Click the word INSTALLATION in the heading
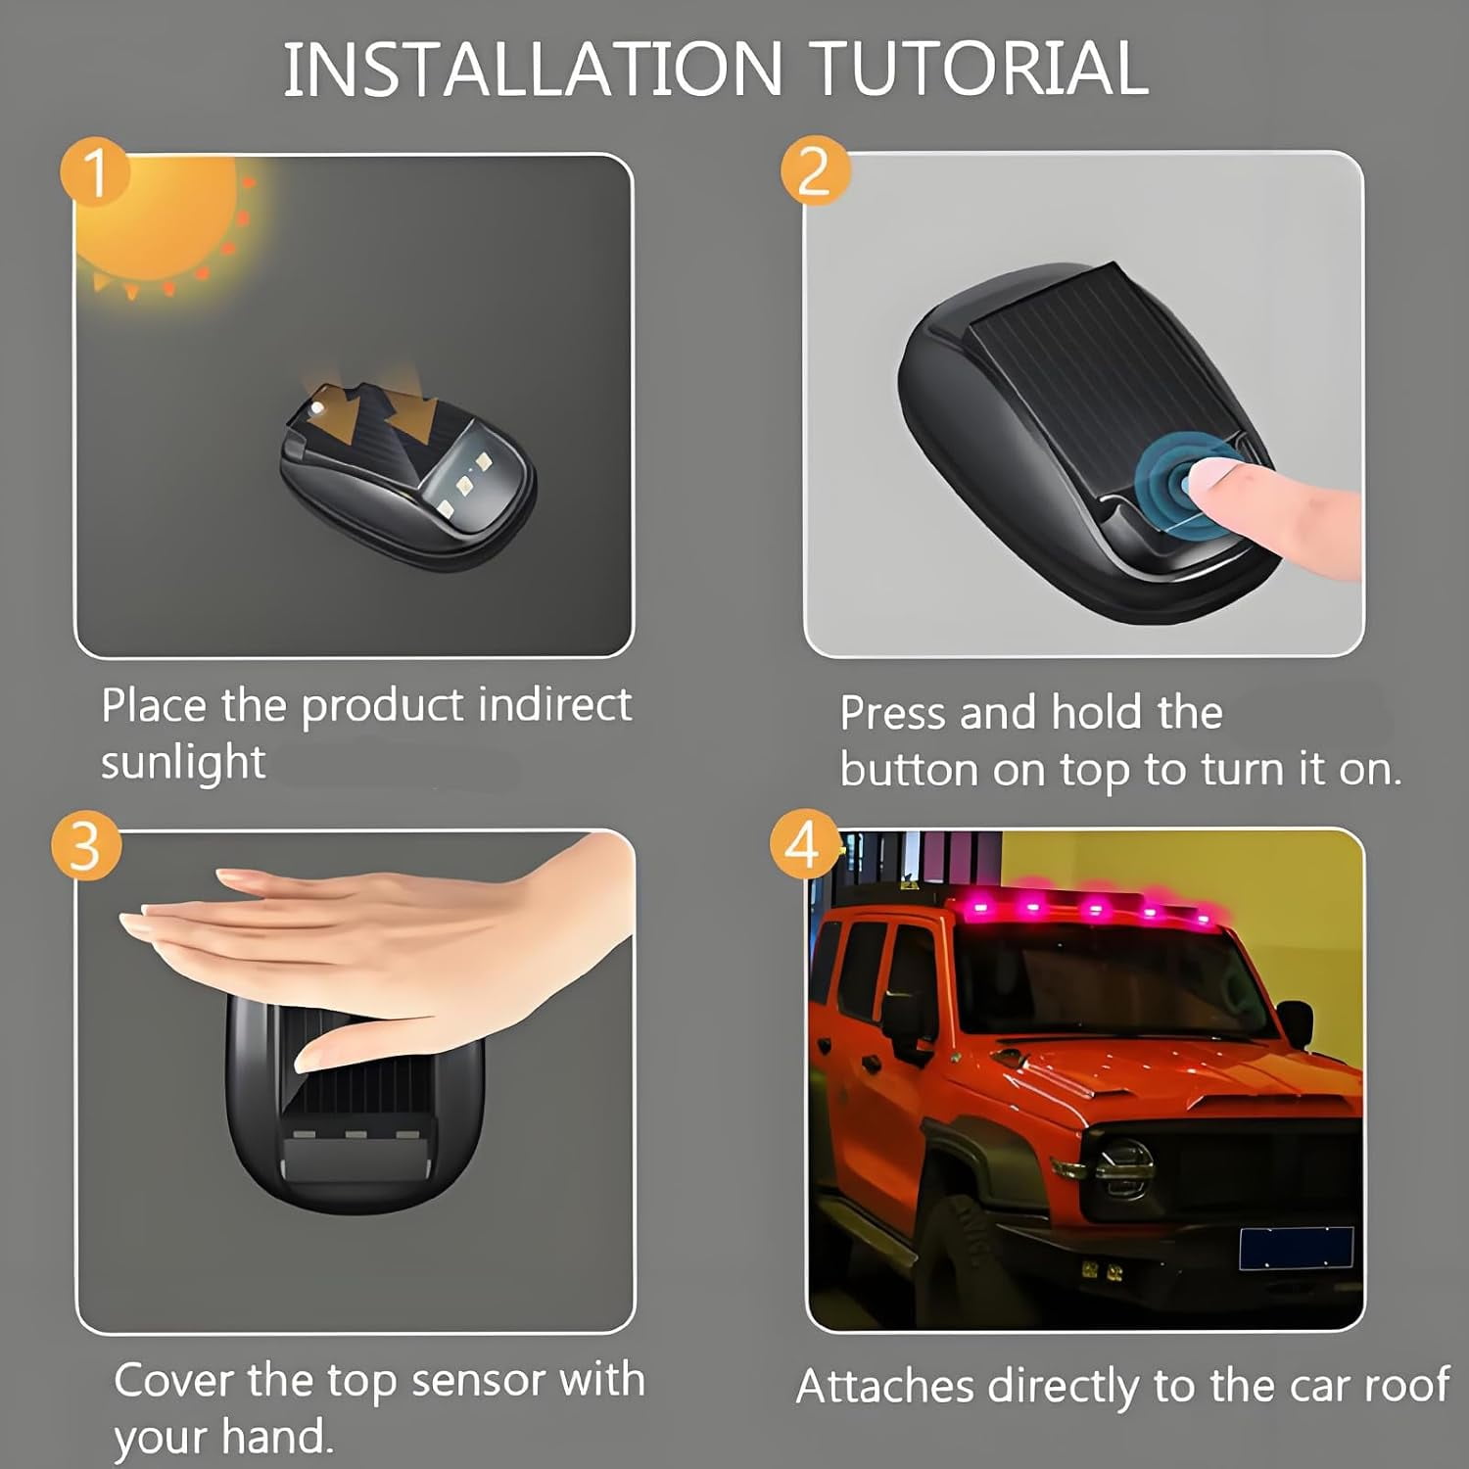click(x=533, y=69)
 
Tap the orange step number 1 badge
click(x=95, y=172)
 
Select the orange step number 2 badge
click(x=815, y=170)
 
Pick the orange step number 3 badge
click(x=86, y=845)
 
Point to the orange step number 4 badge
click(x=803, y=843)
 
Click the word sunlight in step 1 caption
click(x=183, y=763)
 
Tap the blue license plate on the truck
click(x=1297, y=1248)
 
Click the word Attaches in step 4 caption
click(x=886, y=1386)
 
